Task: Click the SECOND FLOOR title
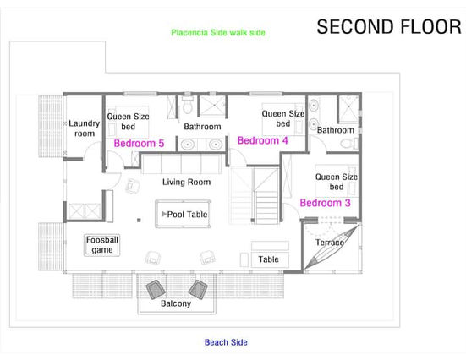tap(389, 27)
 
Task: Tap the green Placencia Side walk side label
tap(218, 32)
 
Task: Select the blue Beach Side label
tap(226, 342)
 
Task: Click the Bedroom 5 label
tap(139, 143)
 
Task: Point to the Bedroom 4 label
tap(263, 140)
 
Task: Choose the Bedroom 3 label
tap(325, 203)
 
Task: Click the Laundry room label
tap(85, 128)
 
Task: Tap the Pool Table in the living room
tap(183, 214)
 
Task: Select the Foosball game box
tap(102, 245)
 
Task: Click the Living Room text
tap(186, 182)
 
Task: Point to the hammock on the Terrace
tap(332, 246)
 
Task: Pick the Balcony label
tap(176, 303)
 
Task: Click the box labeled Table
tap(270, 259)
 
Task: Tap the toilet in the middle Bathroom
tap(187, 105)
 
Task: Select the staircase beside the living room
tap(255, 195)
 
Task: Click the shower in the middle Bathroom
tap(212, 106)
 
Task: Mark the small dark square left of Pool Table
tap(139, 220)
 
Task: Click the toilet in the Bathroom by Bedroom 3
tap(348, 145)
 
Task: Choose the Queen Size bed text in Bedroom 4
tap(283, 118)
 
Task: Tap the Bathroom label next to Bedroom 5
tap(202, 127)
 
